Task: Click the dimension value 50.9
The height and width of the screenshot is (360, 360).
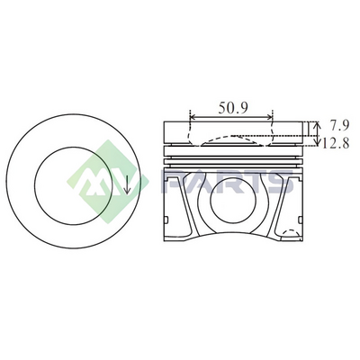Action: [x=233, y=108]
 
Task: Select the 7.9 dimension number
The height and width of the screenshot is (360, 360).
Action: [x=339, y=125]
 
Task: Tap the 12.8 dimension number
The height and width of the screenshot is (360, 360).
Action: [x=336, y=144]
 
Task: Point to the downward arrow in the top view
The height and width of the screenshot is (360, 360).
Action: [x=127, y=184]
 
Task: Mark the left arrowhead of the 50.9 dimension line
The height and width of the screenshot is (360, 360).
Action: [x=193, y=117]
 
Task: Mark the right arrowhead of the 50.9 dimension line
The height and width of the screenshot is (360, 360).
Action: [x=269, y=117]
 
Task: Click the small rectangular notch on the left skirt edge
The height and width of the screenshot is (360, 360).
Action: [x=166, y=220]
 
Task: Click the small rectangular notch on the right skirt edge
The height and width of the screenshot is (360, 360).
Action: [x=301, y=220]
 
